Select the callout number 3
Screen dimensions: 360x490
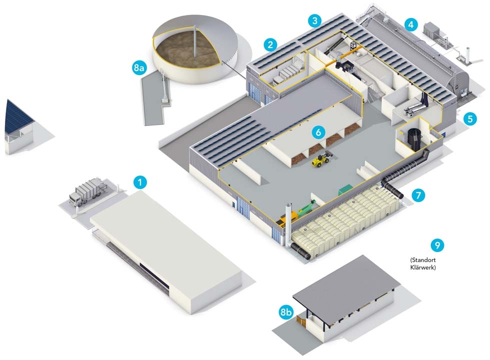point(314,20)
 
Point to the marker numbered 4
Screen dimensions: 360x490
point(410,23)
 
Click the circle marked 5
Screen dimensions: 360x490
point(469,118)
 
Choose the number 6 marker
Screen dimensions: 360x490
point(318,132)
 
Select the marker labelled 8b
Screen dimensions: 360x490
point(285,313)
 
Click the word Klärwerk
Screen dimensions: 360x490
point(422,267)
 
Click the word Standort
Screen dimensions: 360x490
point(424,260)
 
